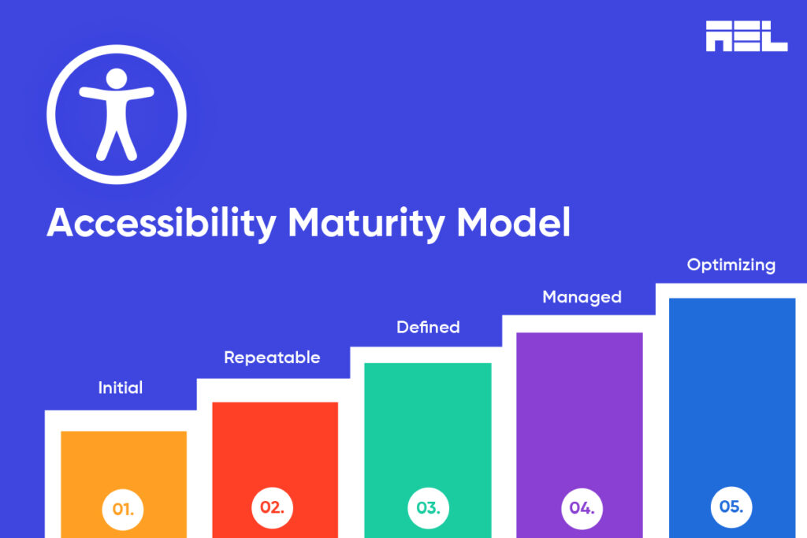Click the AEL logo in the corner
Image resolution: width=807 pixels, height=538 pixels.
(x=746, y=35)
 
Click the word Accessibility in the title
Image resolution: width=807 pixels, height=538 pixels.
(x=162, y=224)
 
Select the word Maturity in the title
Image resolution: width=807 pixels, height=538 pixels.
(x=366, y=224)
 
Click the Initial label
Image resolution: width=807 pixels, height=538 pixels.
(x=121, y=388)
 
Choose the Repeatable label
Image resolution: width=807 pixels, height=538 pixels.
(x=272, y=358)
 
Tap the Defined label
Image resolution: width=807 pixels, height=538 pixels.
(x=428, y=326)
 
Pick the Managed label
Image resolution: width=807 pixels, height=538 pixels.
(x=582, y=297)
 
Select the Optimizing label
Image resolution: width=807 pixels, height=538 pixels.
(x=731, y=265)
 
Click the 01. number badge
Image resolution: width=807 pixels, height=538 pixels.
(x=123, y=509)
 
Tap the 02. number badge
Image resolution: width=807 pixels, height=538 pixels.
(x=272, y=507)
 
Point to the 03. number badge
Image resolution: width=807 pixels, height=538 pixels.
(x=428, y=507)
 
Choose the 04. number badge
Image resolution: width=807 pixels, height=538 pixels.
(x=582, y=507)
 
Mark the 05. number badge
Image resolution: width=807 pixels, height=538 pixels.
(x=731, y=506)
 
